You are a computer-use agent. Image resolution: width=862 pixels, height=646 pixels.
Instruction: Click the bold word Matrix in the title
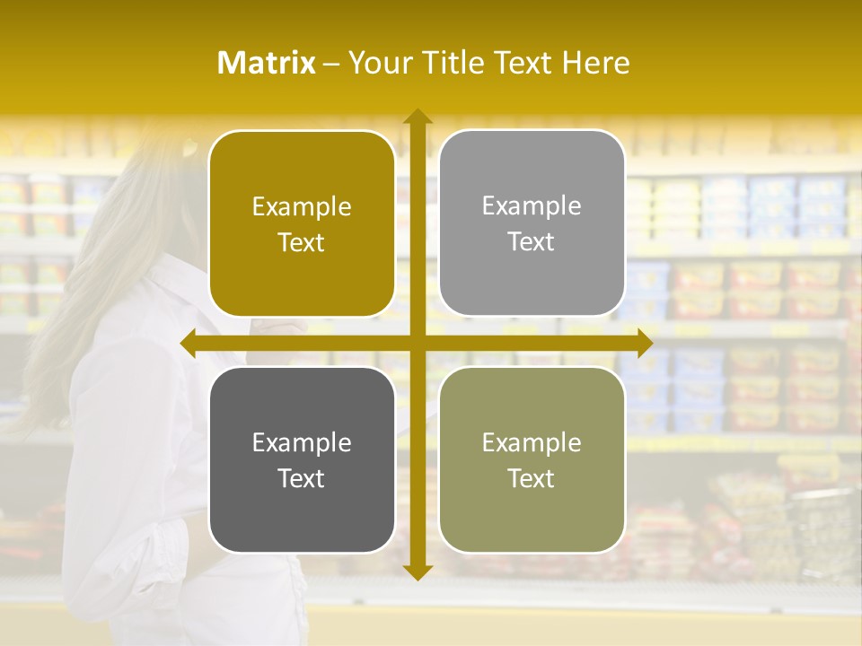pos(267,63)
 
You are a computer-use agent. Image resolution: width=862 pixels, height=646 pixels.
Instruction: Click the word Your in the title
pos(378,63)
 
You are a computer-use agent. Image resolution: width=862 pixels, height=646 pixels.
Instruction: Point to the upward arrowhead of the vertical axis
pos(417,117)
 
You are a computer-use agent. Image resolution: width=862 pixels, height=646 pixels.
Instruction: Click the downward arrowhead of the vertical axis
pos(417,572)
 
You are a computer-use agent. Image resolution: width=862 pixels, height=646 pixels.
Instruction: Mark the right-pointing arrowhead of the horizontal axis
pos(644,343)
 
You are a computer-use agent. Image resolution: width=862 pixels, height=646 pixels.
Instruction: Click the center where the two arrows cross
pos(417,343)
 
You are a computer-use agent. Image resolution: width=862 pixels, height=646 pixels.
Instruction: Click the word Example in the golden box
pos(302,206)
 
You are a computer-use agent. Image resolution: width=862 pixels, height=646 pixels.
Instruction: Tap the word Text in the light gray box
pos(532,241)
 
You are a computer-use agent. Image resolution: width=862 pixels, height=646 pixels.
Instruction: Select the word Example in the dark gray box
pos(302,442)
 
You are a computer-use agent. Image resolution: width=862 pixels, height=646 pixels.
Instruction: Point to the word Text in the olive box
pos(532,478)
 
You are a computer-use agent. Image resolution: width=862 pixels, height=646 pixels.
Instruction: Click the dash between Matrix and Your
pos(331,63)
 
